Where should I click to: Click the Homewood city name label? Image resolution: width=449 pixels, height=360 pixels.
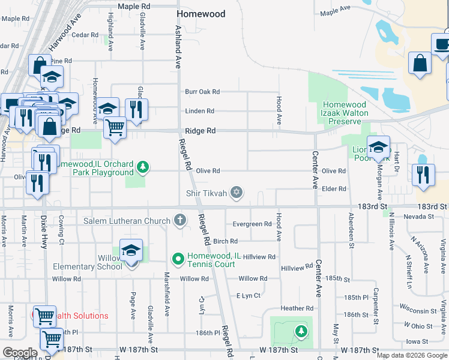tap(201, 14)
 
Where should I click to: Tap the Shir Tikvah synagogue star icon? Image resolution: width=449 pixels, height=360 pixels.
tap(237, 192)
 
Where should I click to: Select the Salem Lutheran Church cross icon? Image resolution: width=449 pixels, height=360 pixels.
tap(179, 220)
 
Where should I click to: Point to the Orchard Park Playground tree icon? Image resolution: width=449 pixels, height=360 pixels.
tap(142, 167)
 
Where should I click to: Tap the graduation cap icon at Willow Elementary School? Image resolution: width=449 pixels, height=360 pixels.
tap(131, 251)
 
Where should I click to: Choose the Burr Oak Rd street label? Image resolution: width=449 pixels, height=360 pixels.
tap(202, 92)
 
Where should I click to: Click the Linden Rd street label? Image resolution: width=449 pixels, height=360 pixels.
tap(200, 111)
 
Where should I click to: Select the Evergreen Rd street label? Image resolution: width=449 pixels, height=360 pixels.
tap(252, 224)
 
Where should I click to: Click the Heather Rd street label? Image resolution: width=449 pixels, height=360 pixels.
tap(297, 308)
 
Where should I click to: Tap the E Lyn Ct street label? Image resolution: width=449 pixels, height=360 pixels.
tap(249, 295)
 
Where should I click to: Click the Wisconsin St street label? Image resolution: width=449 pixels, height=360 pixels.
tap(419, 311)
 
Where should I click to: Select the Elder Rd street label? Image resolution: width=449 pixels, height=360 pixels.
tap(334, 189)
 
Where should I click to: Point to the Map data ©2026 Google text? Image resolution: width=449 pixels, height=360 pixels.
tap(411, 355)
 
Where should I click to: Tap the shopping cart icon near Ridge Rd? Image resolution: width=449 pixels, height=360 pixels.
tap(115, 127)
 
